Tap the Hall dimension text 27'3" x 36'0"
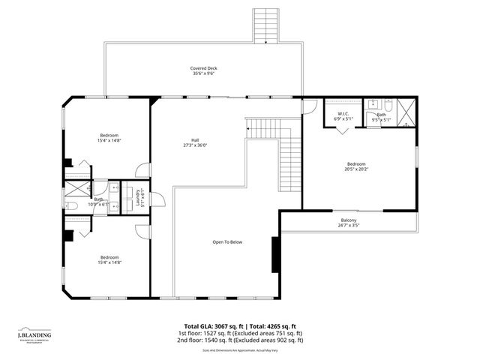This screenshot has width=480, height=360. point(195,145)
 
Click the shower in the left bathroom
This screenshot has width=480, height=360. point(76,187)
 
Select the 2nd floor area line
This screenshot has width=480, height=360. point(240,340)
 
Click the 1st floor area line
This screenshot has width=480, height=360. point(240,333)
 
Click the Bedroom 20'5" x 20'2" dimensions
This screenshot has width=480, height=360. point(356,169)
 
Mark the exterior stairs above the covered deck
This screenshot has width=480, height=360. point(265,25)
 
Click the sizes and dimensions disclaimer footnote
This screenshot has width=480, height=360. point(240,350)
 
